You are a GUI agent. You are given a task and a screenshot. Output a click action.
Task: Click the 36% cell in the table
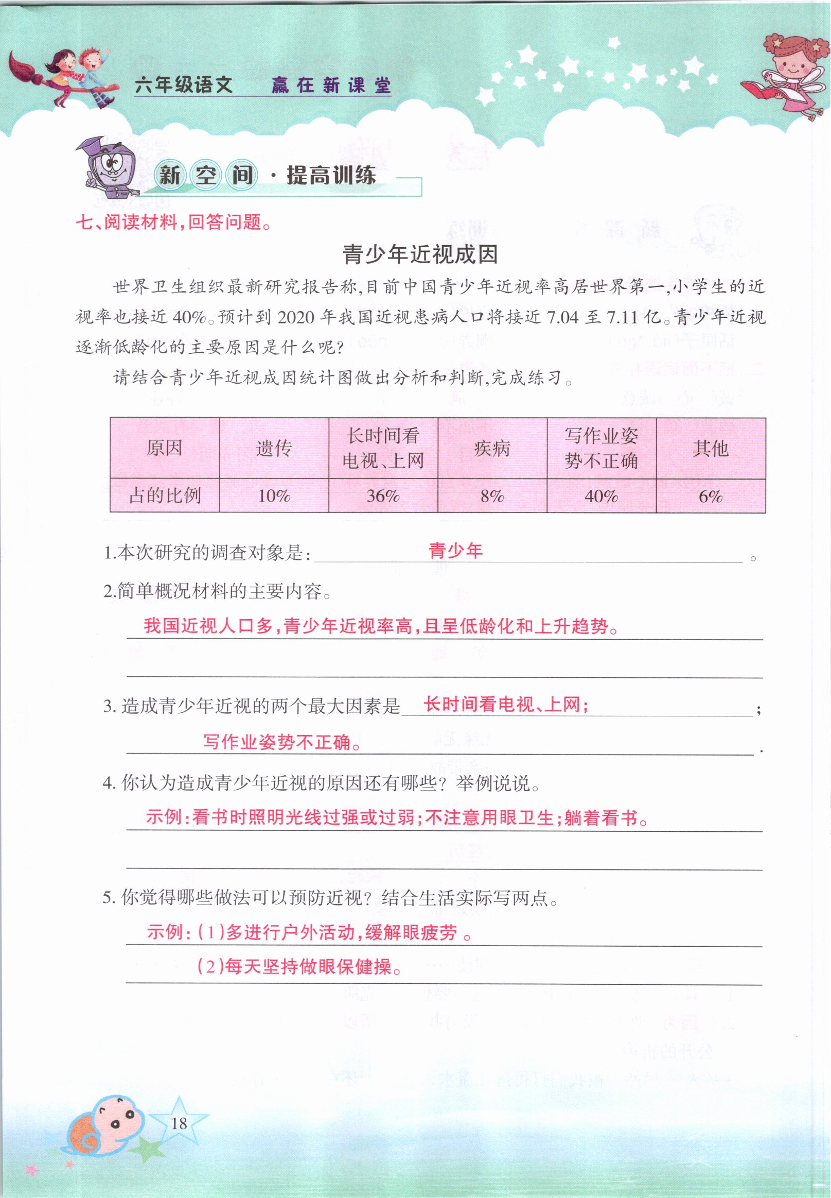383,495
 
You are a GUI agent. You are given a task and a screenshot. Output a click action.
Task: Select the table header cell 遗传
274,448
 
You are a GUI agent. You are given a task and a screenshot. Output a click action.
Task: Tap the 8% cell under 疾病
492,495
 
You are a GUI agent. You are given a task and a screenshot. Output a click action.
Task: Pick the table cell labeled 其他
710,448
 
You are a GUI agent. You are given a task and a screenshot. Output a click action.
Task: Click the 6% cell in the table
710,495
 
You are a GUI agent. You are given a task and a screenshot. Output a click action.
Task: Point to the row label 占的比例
165,495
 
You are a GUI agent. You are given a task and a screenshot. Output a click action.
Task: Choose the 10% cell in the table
274,495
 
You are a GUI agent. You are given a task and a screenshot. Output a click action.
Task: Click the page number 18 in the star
179,1123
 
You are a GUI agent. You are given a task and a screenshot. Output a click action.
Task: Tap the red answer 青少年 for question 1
455,550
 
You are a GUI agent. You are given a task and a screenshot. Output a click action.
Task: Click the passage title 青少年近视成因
420,255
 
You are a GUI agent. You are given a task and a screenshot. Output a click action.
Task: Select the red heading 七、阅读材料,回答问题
174,223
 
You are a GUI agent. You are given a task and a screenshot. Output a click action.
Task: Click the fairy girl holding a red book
786,73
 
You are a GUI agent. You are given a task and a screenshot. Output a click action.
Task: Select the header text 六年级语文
183,85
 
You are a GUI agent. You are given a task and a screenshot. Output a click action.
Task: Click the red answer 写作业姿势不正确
282,742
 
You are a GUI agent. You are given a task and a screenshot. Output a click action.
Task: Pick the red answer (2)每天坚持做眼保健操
299,967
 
